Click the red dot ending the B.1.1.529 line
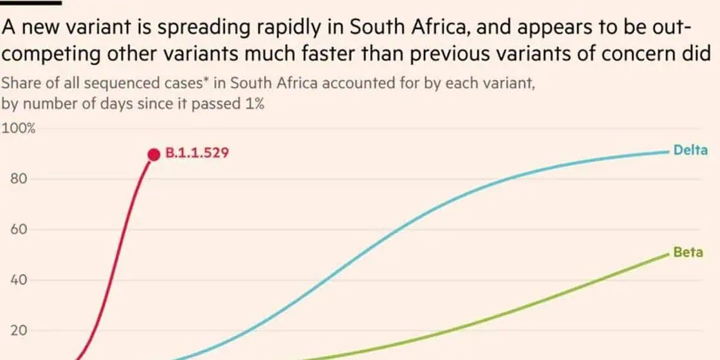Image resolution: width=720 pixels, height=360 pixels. point(152,154)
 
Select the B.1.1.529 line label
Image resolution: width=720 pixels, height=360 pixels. point(196,153)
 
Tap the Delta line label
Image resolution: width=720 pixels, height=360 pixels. point(690,150)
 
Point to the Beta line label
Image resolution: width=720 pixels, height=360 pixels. point(688,252)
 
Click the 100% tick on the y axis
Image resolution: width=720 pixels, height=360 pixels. point(20,129)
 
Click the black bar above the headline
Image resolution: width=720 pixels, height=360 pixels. point(31,2)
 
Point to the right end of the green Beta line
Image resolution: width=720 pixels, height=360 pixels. point(668,254)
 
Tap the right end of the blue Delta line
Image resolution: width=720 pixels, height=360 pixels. point(668,152)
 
